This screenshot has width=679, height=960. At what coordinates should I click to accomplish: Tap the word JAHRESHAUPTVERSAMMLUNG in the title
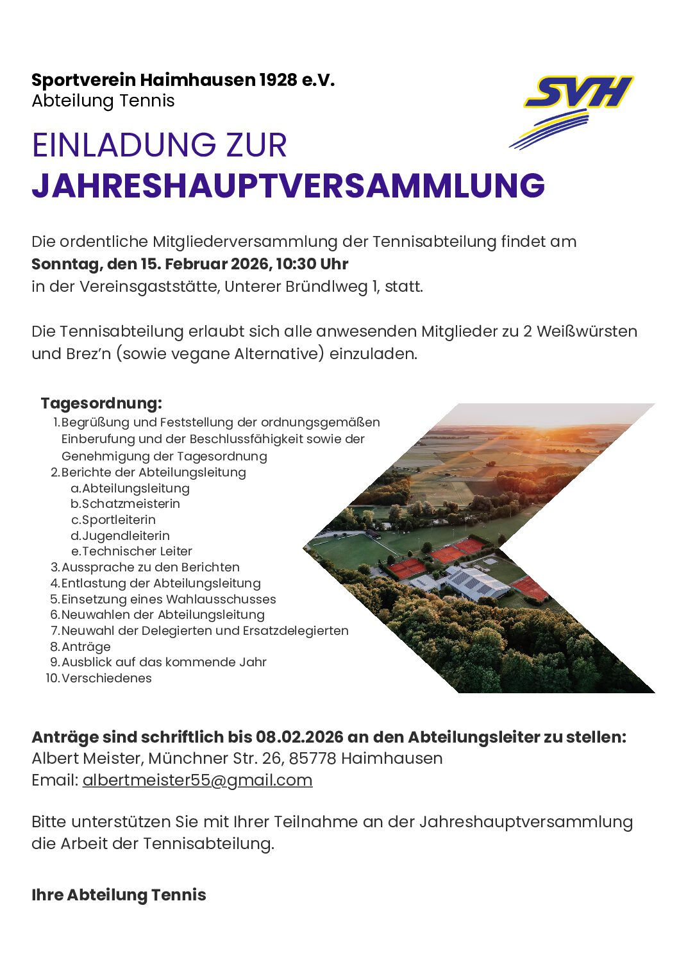tap(288, 185)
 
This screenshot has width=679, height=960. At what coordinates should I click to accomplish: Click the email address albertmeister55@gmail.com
tap(197, 780)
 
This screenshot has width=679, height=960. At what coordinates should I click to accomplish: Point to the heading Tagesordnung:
tap(101, 403)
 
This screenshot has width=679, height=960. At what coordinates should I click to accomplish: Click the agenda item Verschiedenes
tap(106, 678)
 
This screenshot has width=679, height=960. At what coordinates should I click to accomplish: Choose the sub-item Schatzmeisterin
tap(131, 503)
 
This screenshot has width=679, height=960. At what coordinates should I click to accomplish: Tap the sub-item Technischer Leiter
tap(137, 551)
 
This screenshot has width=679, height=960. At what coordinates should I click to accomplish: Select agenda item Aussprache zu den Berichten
tap(150, 567)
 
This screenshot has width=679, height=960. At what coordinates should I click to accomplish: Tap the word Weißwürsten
tap(587, 332)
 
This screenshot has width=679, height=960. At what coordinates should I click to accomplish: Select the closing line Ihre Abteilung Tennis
tap(119, 895)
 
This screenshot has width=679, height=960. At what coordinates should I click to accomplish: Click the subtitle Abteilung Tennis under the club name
tap(103, 101)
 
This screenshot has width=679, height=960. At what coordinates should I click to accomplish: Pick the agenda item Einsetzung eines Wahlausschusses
tap(168, 599)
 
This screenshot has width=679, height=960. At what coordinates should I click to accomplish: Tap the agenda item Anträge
tap(86, 646)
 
